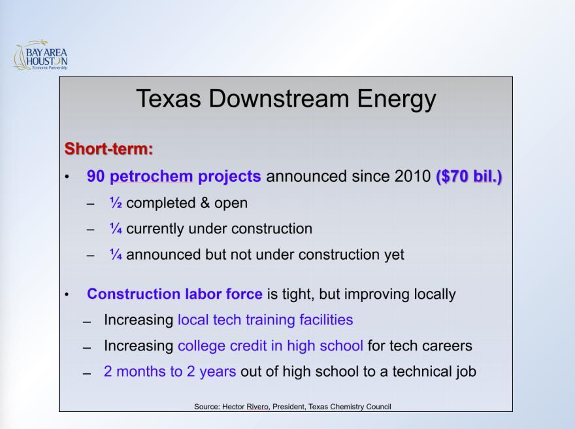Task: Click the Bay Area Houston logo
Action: click(41, 55)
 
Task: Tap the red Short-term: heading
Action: click(108, 148)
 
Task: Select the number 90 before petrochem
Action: click(95, 176)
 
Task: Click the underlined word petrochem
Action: click(151, 177)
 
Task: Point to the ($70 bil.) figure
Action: click(468, 177)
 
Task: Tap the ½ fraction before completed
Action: click(116, 203)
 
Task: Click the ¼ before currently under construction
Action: click(116, 228)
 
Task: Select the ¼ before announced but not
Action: click(116, 254)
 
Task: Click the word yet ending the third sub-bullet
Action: click(394, 254)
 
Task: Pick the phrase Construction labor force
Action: click(174, 294)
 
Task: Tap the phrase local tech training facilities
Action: click(265, 320)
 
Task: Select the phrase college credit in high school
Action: click(271, 346)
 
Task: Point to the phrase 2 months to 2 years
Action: click(170, 371)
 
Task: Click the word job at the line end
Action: click(466, 371)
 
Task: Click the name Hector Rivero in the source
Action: click(246, 407)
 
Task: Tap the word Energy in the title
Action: click(397, 99)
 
